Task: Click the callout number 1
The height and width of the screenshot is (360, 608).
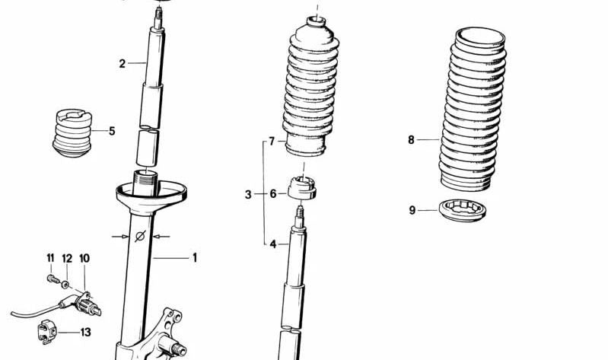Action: [x=194, y=258]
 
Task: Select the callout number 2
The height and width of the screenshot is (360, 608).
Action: [x=122, y=63]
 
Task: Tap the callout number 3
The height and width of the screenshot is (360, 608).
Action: [x=248, y=195]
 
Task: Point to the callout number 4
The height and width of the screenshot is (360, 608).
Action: [x=272, y=244]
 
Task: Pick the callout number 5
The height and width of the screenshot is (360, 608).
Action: [x=112, y=131]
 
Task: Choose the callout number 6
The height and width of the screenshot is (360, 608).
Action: [x=272, y=194]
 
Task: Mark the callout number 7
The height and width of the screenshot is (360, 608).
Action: [x=271, y=142]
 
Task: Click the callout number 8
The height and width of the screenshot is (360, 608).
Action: [x=411, y=140]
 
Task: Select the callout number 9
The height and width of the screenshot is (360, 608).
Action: [x=412, y=210]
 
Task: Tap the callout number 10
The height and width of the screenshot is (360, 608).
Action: [x=84, y=259]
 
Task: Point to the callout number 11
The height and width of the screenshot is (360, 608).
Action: [x=51, y=259]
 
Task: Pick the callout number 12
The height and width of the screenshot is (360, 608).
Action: [x=66, y=259]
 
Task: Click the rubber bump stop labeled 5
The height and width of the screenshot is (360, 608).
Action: [x=75, y=134]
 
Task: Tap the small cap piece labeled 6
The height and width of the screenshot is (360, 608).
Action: [x=304, y=186]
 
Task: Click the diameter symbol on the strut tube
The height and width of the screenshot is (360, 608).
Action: [x=139, y=237]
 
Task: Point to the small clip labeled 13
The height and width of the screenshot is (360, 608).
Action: [x=47, y=331]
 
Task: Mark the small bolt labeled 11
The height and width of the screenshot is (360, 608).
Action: [x=51, y=279]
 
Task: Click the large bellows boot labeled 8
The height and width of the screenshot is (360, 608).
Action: [x=473, y=110]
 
